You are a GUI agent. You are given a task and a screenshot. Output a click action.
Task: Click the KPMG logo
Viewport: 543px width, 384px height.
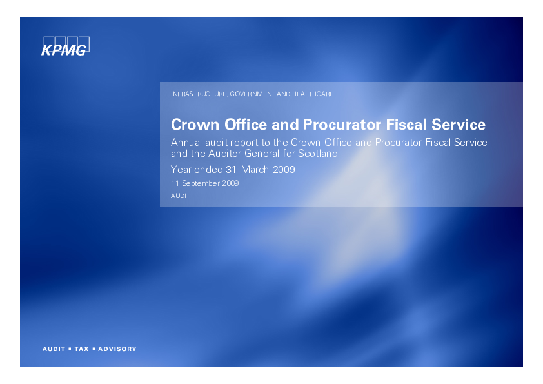click(65, 46)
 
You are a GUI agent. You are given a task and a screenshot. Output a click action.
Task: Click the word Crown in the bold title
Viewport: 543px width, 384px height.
click(195, 125)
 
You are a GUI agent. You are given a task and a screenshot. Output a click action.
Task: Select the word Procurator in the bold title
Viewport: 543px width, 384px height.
click(342, 125)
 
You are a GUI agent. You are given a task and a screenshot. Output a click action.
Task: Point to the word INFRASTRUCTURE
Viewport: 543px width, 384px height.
click(199, 94)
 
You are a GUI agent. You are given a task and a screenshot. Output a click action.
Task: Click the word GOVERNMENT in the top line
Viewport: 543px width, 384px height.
click(252, 94)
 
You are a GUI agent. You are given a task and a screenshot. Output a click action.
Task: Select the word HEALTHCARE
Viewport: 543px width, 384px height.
click(313, 94)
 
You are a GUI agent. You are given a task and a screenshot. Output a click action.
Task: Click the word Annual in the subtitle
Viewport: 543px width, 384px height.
click(186, 143)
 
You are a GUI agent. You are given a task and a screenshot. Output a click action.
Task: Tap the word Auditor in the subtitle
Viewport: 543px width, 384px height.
click(225, 153)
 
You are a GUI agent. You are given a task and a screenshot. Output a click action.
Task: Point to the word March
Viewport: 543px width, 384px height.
click(255, 170)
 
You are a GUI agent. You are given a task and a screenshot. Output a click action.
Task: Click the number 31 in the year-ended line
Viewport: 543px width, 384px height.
click(231, 170)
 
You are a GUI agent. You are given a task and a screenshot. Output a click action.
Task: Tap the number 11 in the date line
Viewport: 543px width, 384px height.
click(175, 183)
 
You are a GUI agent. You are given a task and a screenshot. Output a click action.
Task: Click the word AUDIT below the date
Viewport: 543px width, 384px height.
click(181, 196)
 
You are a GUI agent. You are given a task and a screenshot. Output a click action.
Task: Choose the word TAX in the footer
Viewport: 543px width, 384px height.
click(82, 349)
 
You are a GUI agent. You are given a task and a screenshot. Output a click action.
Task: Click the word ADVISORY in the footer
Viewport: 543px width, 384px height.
click(117, 349)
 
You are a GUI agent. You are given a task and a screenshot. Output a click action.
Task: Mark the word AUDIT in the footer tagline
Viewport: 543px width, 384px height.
click(54, 349)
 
